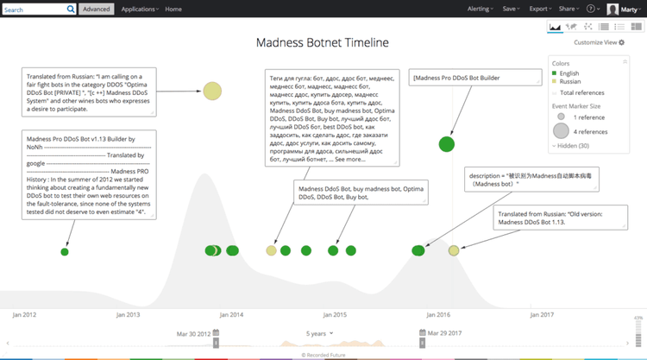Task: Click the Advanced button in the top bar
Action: [96, 9]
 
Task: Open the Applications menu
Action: [140, 9]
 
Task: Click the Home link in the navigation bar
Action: [173, 9]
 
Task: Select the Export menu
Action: [540, 9]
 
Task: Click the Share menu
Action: [567, 9]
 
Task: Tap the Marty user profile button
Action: [625, 9]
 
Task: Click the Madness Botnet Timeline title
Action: [323, 42]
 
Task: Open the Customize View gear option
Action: [599, 42]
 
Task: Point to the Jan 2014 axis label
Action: [231, 315]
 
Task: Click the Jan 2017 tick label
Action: [542, 315]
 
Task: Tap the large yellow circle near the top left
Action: [212, 91]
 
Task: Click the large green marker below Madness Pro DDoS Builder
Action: [446, 144]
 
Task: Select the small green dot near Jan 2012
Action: [65, 251]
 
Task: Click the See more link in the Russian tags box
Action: [349, 160]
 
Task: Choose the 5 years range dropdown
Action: [319, 332]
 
